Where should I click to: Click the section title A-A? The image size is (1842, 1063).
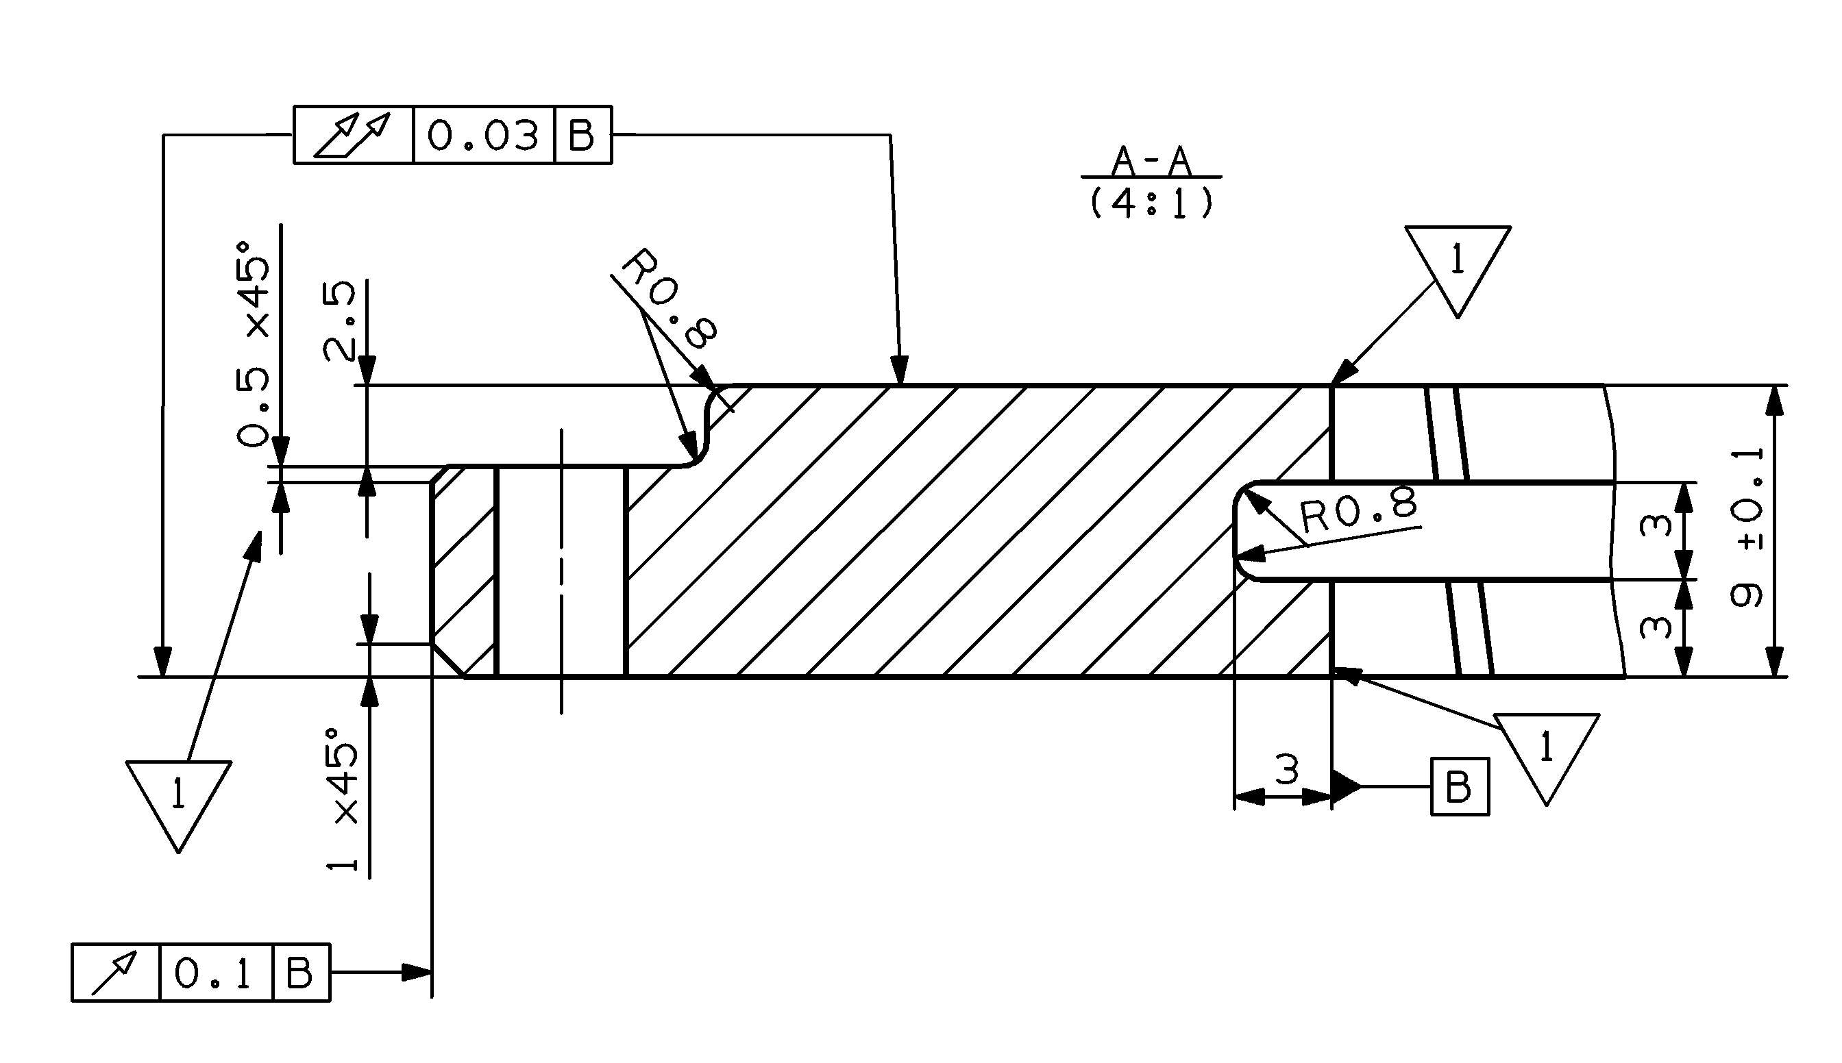pos(1151,162)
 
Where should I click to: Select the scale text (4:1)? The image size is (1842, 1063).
pos(1151,203)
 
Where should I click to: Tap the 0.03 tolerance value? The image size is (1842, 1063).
pos(483,135)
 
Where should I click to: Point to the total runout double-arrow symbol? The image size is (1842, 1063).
pos(353,135)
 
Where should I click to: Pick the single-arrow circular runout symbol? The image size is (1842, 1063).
pos(114,973)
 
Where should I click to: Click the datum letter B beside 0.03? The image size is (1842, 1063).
pos(581,135)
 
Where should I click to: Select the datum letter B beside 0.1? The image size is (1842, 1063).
pos(299,973)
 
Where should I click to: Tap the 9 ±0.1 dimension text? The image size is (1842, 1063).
pos(1747,528)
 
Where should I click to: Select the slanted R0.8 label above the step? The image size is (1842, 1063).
pos(669,299)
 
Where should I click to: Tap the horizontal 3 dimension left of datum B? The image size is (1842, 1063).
pos(1287,768)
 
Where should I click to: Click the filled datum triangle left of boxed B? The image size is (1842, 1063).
pos(1345,787)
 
